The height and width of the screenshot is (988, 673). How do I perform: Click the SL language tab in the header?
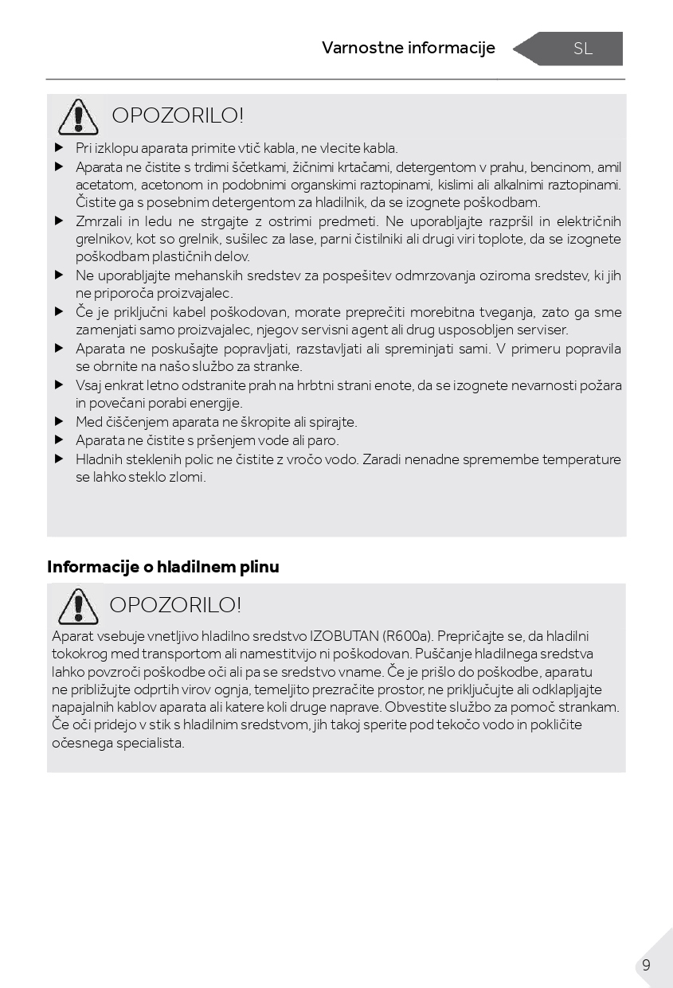(x=582, y=49)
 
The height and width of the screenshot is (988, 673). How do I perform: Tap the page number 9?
(x=646, y=965)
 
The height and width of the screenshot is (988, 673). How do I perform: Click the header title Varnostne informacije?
(x=408, y=48)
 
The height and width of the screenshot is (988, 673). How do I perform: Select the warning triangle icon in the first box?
(x=77, y=117)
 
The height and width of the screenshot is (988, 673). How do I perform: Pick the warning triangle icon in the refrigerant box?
(x=77, y=606)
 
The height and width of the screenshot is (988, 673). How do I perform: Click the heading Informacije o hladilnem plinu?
(x=163, y=567)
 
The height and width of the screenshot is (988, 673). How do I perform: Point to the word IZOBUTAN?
(x=344, y=636)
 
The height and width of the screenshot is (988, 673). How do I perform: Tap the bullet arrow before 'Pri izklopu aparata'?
(x=59, y=148)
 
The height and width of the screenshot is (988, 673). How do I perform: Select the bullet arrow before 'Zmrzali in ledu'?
(x=59, y=221)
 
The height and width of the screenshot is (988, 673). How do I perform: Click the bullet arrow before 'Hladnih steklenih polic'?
(x=59, y=459)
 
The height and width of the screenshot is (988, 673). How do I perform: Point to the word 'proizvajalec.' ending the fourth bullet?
(x=198, y=293)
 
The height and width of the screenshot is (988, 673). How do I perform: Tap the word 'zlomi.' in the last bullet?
(x=187, y=477)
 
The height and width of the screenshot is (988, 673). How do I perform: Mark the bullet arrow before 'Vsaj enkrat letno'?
(x=59, y=385)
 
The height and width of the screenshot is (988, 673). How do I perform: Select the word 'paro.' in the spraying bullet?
(x=323, y=440)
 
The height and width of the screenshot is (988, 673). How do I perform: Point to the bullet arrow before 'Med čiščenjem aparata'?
(x=59, y=422)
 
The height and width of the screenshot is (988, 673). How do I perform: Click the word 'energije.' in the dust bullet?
(x=216, y=403)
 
